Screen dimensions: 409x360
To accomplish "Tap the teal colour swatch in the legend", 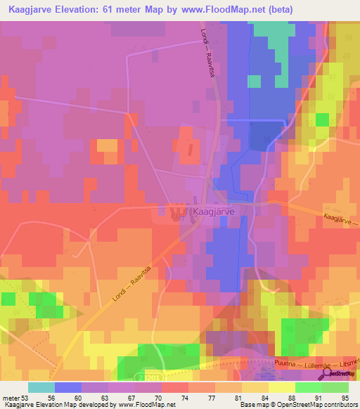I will coord(41,387).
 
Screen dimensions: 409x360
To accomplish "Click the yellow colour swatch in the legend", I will coord(281,387).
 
